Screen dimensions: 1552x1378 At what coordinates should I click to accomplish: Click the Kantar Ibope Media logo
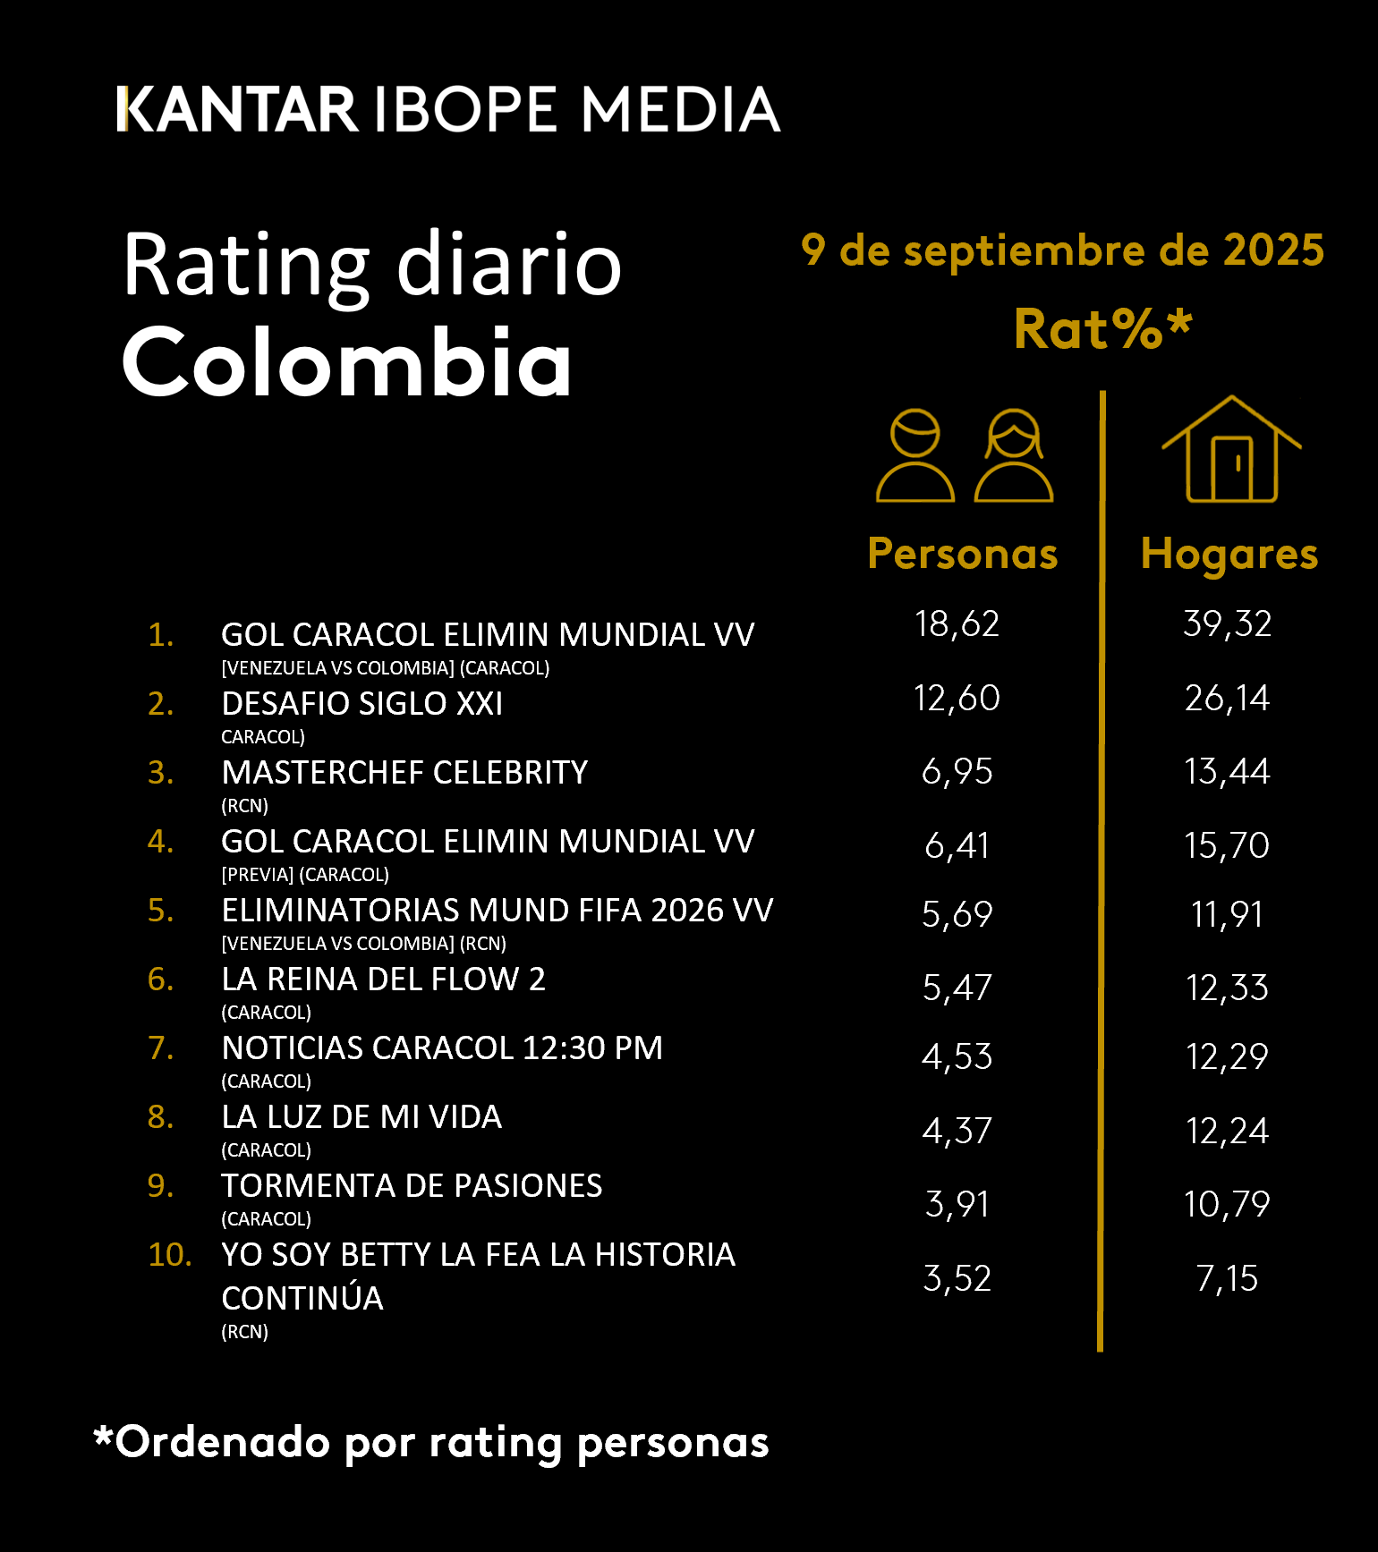click(448, 109)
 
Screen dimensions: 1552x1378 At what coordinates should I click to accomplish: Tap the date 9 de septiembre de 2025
click(1062, 250)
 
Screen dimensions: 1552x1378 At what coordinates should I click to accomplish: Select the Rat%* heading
click(1102, 328)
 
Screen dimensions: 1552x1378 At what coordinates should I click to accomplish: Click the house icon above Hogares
click(1231, 450)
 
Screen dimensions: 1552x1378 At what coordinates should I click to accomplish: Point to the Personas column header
click(963, 554)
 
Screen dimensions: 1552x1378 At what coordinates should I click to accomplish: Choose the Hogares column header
click(1229, 554)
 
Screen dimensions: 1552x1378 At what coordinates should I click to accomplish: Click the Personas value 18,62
click(957, 623)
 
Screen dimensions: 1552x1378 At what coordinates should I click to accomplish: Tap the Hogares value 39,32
click(1227, 623)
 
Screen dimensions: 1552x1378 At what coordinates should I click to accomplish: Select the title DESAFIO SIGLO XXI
click(362, 704)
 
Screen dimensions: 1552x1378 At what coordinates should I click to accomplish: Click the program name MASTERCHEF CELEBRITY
click(404, 773)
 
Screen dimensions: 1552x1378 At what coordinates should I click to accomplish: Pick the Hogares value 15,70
click(1227, 845)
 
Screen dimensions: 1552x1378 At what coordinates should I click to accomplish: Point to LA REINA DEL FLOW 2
click(383, 980)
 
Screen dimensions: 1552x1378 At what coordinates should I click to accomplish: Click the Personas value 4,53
click(957, 1057)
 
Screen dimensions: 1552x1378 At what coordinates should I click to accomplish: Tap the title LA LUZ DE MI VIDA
click(362, 1117)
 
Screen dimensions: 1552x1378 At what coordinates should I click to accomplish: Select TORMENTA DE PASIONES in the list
click(412, 1186)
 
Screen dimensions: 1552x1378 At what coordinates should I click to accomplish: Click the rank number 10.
click(169, 1255)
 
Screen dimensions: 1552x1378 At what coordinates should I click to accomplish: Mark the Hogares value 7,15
click(1227, 1279)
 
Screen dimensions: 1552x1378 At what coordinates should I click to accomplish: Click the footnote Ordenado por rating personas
click(431, 1442)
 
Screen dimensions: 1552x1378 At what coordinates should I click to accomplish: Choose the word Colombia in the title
click(346, 362)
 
